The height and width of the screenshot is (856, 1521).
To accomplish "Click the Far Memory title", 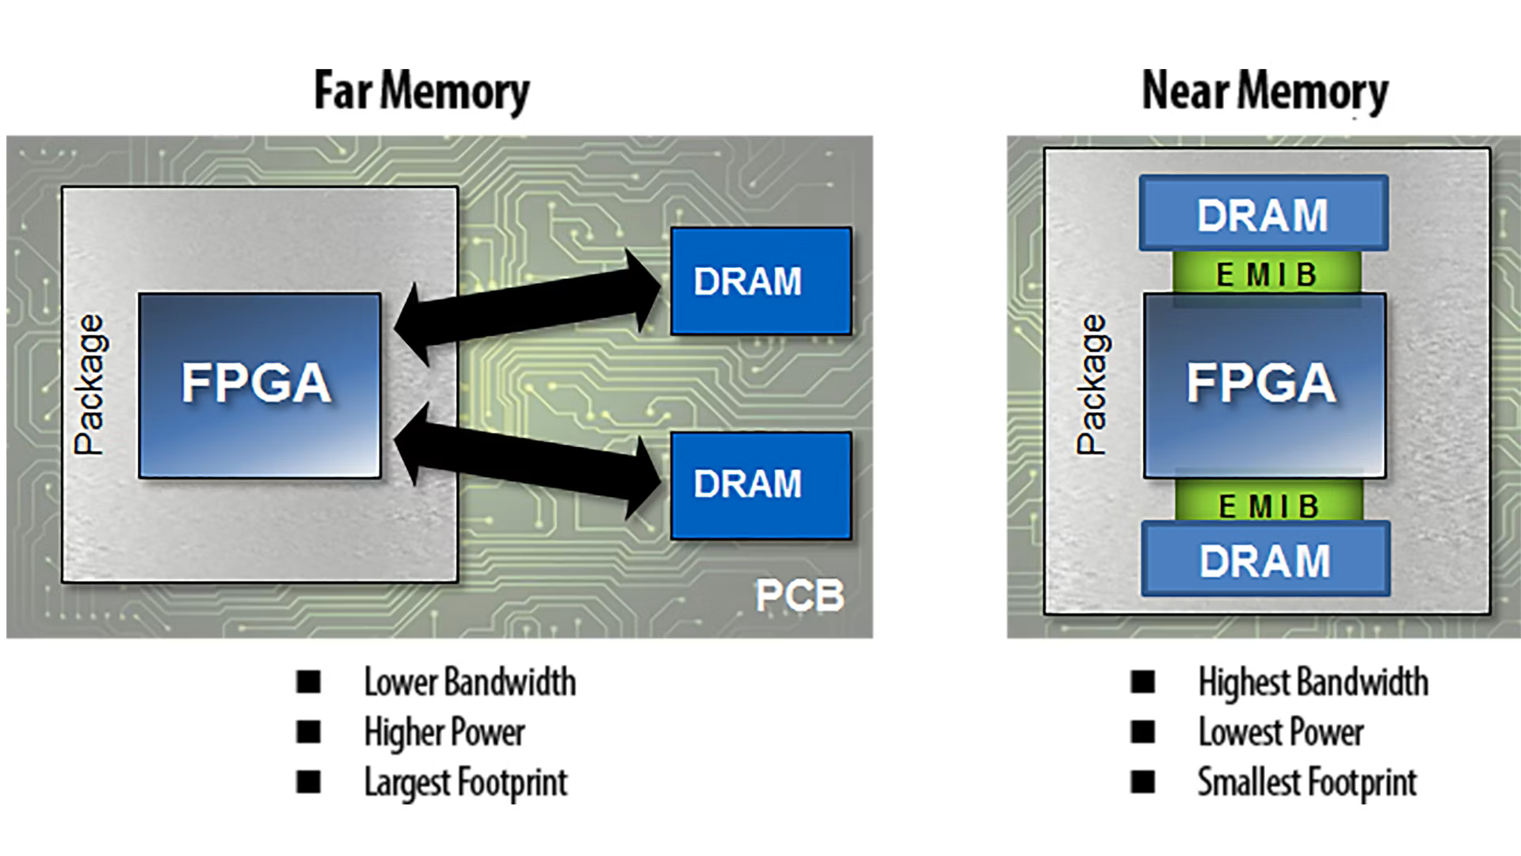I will click(x=421, y=92).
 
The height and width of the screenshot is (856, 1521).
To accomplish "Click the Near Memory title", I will click(x=1264, y=92).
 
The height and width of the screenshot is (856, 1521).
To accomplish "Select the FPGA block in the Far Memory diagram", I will click(x=259, y=385).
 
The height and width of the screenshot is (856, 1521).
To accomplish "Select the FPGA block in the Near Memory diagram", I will click(x=1264, y=385).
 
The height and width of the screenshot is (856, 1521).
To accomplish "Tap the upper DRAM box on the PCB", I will click(x=760, y=281).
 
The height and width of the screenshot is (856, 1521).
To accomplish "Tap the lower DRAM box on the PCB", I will click(x=760, y=485).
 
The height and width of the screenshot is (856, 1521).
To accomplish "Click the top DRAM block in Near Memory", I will click(x=1264, y=214).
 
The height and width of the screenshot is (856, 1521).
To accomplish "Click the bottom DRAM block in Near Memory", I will click(x=1265, y=560).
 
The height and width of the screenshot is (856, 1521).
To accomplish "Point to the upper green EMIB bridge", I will click(x=1266, y=274).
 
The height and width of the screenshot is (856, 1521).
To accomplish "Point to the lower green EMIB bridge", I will click(x=1268, y=504).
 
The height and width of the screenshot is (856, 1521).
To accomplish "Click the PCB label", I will click(x=799, y=595).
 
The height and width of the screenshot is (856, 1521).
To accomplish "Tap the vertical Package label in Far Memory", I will click(x=89, y=385).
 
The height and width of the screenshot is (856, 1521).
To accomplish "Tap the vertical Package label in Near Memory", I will click(x=1092, y=385).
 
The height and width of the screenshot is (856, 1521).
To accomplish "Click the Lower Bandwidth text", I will click(x=470, y=682).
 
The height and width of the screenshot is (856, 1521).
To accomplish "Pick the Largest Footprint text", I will click(x=466, y=782).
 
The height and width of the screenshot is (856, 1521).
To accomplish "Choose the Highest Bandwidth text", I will click(x=1313, y=682).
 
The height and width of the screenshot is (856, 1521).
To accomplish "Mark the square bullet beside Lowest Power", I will click(x=1142, y=732).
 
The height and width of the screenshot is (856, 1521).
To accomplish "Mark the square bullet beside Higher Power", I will click(x=308, y=732).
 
